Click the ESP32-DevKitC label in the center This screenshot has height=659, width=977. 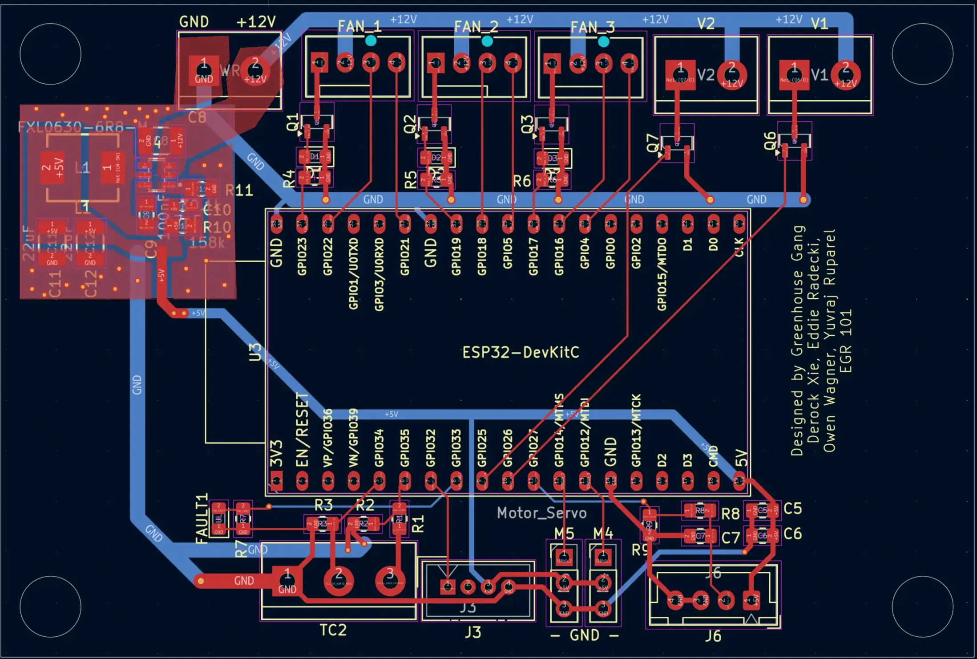pos(521,353)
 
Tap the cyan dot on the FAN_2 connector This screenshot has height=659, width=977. pos(487,41)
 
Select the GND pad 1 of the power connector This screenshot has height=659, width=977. pos(204,70)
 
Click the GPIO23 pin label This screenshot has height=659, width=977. pos(302,256)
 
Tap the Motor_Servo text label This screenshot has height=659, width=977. pos(541,513)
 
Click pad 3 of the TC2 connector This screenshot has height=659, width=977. pos(390,579)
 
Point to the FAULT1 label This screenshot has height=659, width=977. pos(202,518)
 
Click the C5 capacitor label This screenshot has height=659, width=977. pos(792,508)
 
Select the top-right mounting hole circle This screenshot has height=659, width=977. pos(922,54)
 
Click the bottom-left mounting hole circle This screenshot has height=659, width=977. pos(50,606)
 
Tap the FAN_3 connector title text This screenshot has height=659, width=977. pos(593,28)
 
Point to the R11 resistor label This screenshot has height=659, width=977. pos(239,191)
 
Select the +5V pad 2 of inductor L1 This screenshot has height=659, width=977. pos(52,167)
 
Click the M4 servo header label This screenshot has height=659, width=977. pos(603,533)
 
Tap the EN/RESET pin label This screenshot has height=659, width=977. pos(302,430)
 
